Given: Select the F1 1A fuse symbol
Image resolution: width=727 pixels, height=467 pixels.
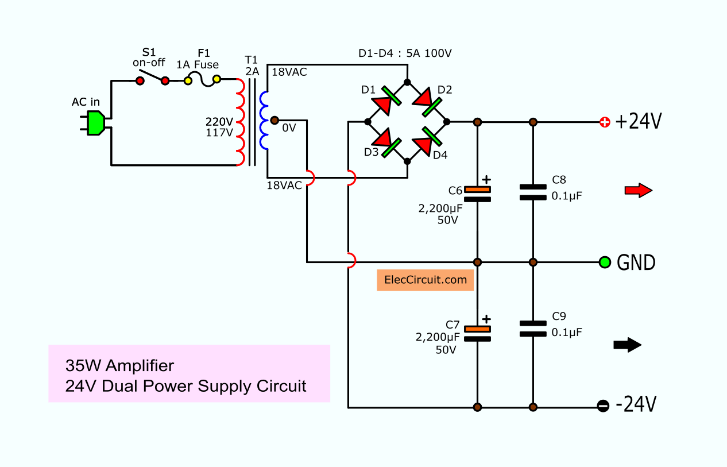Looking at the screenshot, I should coord(202,80).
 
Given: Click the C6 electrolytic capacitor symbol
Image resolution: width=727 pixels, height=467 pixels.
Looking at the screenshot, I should coord(477,194).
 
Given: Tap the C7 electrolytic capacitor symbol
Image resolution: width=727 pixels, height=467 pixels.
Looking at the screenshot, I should coord(477,333).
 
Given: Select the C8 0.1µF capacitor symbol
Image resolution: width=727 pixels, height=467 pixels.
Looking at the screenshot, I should coord(533,192).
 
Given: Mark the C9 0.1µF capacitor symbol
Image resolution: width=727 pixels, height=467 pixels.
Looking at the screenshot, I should coord(533,329).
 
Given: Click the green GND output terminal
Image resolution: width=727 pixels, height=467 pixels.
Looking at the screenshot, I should coord(604,263).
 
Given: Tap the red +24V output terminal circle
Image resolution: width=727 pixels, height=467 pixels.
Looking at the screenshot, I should coord(604,122).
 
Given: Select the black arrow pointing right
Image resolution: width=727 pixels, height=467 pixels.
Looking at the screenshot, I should coord(627,345).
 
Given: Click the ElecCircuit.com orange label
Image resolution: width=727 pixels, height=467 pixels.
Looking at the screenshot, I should coord(425,280).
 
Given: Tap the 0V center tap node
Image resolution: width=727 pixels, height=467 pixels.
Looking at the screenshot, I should coord(274,120).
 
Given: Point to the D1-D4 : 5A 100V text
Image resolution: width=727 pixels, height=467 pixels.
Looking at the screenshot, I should coord(405,53).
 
